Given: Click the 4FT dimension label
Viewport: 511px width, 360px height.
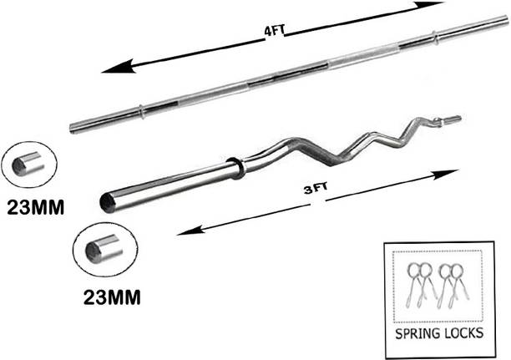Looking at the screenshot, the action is pos(275,31).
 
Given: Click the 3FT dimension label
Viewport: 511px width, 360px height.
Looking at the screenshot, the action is pos(316,189).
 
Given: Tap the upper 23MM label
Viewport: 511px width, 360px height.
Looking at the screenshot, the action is pos(36,207).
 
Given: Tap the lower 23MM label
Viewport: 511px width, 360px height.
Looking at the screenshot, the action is pos(112,297).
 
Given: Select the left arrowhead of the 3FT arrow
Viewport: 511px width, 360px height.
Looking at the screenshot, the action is pos(190,230).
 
